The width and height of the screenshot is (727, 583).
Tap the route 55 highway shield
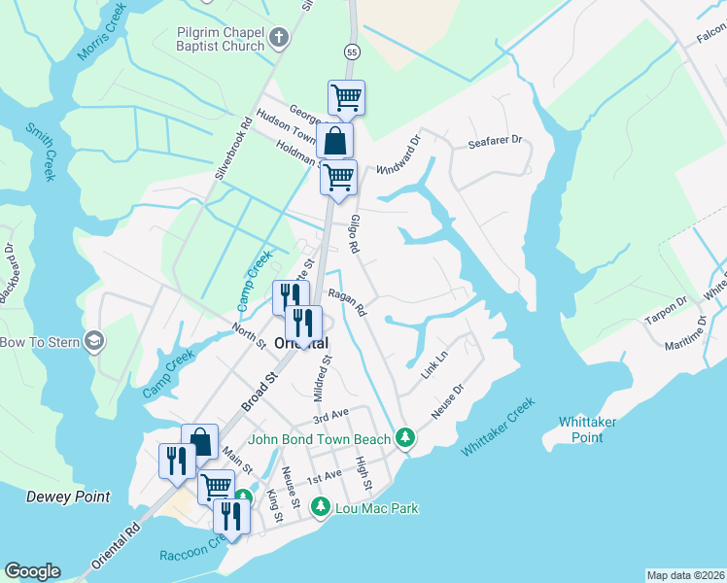(352, 50)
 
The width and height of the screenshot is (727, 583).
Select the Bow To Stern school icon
(94, 341)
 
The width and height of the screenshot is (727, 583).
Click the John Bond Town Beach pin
(406, 439)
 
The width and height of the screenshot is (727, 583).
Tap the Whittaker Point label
(594, 429)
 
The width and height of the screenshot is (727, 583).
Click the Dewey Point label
(68, 497)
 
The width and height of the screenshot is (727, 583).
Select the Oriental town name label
(301, 343)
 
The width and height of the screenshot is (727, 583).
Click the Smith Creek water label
(44, 152)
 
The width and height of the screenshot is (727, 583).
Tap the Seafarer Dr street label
(495, 141)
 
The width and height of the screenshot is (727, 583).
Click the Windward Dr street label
(401, 153)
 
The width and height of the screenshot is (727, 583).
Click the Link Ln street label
(433, 365)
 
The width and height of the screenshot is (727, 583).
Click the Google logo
(32, 571)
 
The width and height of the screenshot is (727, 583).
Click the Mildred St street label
(323, 378)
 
